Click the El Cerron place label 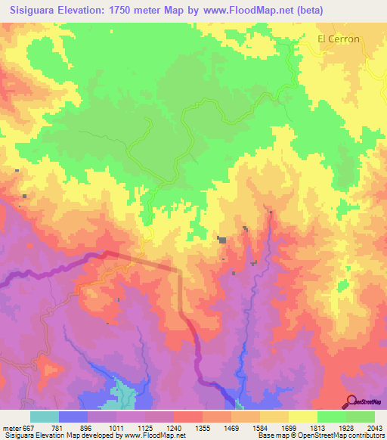(339, 39)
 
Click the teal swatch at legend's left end (45, 417)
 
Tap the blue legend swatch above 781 (73, 417)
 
